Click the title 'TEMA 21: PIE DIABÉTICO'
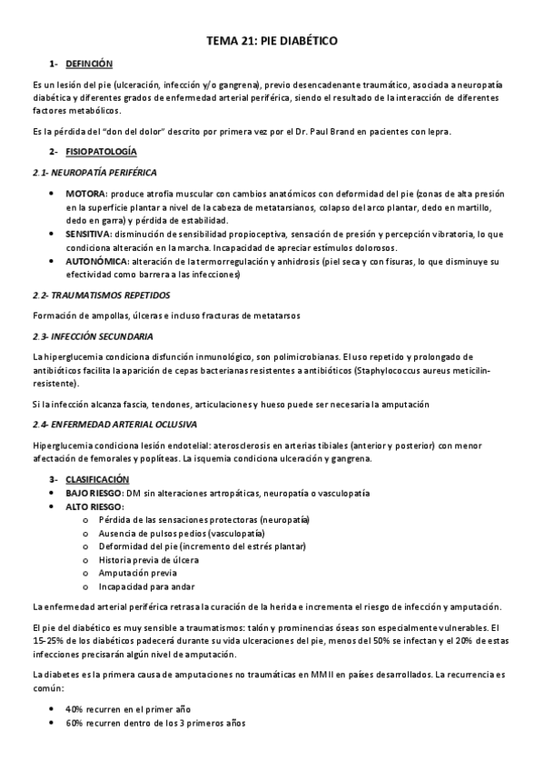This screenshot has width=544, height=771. (272, 42)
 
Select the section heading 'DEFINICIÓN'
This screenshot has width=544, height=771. (89, 64)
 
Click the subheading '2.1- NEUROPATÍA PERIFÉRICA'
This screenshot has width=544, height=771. (94, 172)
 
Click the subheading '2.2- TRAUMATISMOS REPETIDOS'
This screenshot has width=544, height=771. (100, 295)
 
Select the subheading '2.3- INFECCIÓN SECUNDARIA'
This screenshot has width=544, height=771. (93, 335)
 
